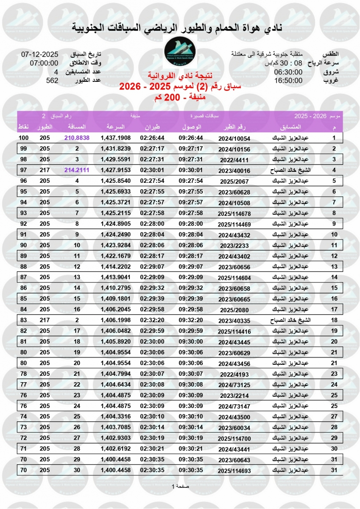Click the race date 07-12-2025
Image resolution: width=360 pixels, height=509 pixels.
39,54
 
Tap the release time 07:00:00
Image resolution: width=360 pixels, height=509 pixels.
44,63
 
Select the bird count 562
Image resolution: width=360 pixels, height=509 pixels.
52,80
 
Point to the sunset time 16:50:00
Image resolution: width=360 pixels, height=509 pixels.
288,80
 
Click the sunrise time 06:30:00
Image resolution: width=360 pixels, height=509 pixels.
288,72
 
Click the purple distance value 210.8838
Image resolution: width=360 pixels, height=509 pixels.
77,138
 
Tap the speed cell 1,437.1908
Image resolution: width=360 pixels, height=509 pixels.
116,138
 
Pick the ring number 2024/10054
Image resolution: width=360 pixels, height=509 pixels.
234,139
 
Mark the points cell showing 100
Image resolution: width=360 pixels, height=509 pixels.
24,138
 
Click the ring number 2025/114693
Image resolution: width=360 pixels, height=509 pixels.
234,470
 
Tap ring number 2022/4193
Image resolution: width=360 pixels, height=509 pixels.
234,374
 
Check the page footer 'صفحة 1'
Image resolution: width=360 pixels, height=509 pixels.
180,486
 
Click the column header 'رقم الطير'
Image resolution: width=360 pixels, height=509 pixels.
234,127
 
